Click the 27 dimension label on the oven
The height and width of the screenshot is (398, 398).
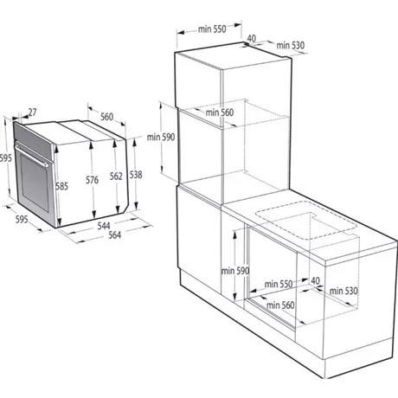point(31,112)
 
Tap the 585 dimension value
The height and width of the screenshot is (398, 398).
point(61,185)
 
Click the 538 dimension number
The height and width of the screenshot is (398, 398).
point(137,174)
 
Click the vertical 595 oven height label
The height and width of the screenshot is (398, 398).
point(5,157)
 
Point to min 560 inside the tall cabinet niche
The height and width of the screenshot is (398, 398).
point(220,112)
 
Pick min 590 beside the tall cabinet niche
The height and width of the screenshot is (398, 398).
point(161,136)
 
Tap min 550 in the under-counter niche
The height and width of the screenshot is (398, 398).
point(279,283)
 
